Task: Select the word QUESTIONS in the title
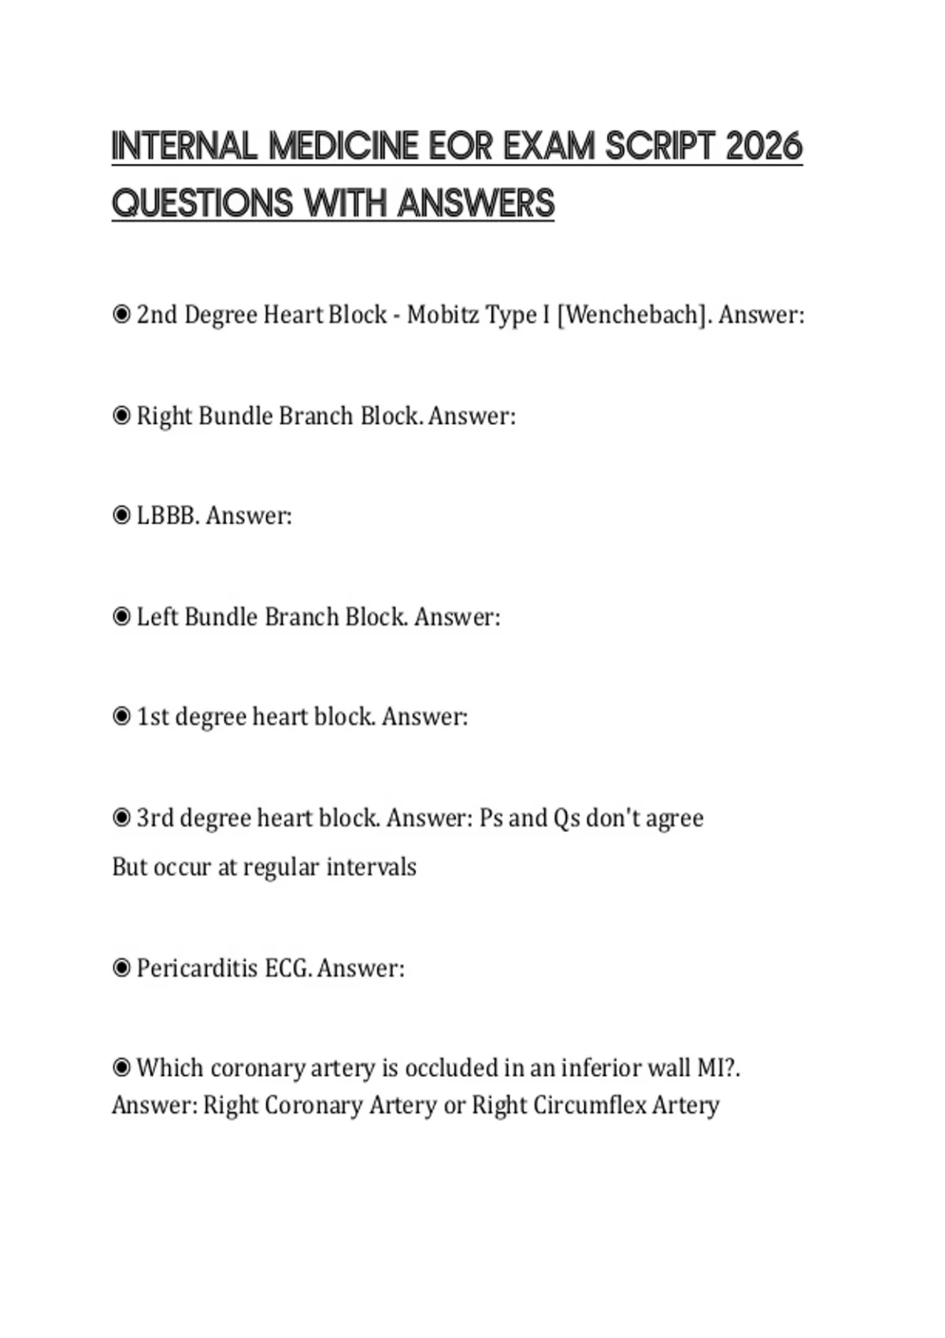pyautogui.click(x=203, y=203)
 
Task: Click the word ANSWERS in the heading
pyautogui.click(x=476, y=203)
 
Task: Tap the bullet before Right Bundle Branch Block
pyautogui.click(x=121, y=416)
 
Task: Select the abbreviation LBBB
pyautogui.click(x=168, y=516)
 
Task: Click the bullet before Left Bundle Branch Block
pyautogui.click(x=121, y=616)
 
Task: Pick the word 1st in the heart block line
pyautogui.click(x=153, y=717)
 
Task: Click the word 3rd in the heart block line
pyautogui.click(x=154, y=819)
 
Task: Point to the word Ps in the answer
pyautogui.click(x=491, y=819)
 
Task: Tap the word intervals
pyautogui.click(x=371, y=867)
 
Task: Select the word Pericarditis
pyautogui.click(x=198, y=968)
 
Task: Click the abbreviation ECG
pyautogui.click(x=287, y=968)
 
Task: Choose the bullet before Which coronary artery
pyautogui.click(x=121, y=1068)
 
